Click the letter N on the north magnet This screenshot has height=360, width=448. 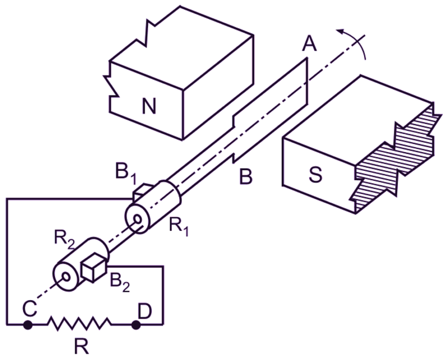tap(149, 105)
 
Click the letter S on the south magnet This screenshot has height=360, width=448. tap(315, 174)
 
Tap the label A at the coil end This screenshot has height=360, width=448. tap(310, 43)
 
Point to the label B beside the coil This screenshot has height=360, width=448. tap(246, 177)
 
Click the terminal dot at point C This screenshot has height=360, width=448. tap(28, 325)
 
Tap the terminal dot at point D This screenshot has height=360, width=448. tap(136, 325)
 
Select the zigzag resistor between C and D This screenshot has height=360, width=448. tap(80, 325)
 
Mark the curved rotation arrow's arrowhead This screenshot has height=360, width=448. tap(340, 32)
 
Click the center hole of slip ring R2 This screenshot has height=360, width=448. tap(66, 276)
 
